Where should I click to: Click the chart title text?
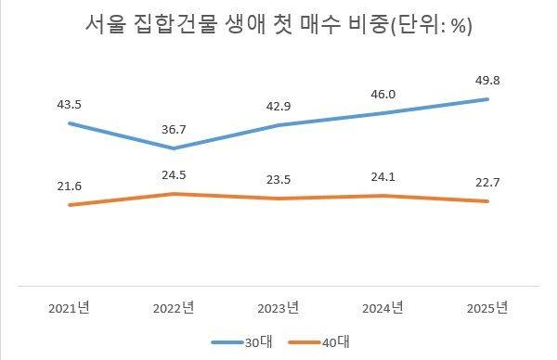pos(279,25)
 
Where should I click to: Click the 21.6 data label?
pos(70,186)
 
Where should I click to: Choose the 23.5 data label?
pos(279,180)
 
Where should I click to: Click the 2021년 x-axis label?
pos(70,307)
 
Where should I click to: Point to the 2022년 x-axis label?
pos(174,307)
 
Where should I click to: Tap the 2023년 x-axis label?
pos(279,307)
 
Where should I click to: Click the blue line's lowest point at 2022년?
pos(174,148)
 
